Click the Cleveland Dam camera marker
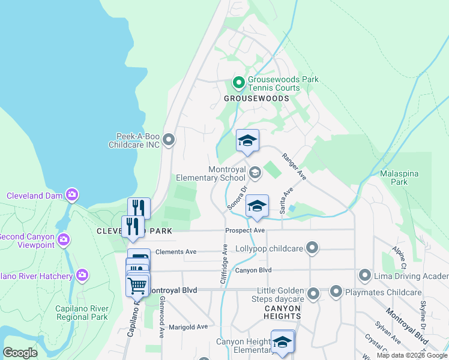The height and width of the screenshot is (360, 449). [x=72, y=194]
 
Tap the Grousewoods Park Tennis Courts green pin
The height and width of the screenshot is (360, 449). [x=238, y=82]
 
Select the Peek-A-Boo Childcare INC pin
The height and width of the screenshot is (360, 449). [x=169, y=140]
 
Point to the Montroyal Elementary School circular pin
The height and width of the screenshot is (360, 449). [x=255, y=173]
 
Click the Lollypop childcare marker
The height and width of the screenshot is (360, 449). [x=312, y=247]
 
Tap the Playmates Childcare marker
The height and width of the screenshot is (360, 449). [x=336, y=292]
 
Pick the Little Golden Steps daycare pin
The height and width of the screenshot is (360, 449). [x=313, y=294]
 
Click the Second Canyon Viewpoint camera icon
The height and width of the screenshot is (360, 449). [x=64, y=241]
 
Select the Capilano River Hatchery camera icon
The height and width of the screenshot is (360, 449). [x=82, y=275]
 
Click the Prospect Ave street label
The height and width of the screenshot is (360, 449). [x=245, y=230]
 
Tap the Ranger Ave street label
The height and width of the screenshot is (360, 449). [x=294, y=166]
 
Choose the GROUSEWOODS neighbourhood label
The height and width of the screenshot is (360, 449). [x=256, y=98]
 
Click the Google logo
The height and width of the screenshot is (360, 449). [x=20, y=353]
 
